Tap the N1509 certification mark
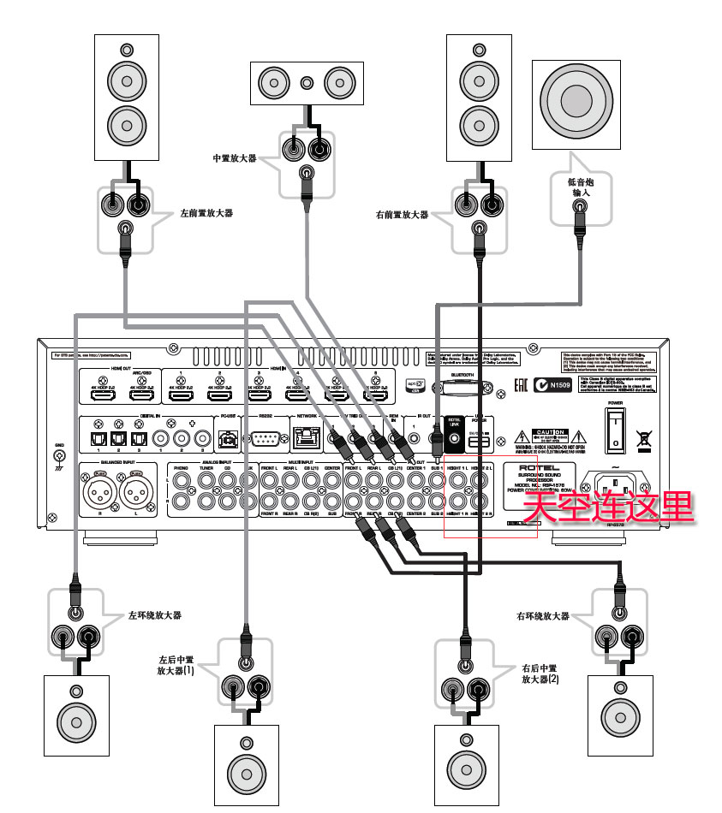coord(550,386)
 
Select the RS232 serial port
coord(264,441)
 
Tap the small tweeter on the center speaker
coord(307,83)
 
